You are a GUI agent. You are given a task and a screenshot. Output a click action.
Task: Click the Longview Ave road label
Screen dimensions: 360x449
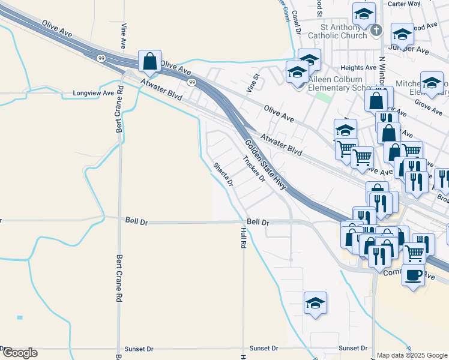pyautogui.click(x=93, y=94)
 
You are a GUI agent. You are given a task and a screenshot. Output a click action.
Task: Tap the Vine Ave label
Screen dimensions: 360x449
pyautogui.click(x=124, y=36)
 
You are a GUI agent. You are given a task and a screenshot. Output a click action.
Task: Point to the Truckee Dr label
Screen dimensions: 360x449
pyautogui.click(x=254, y=169)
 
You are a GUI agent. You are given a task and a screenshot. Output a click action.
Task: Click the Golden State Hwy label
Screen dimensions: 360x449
pyautogui.click(x=265, y=164)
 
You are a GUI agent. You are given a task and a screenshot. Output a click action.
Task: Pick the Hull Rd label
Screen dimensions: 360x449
pyautogui.click(x=243, y=238)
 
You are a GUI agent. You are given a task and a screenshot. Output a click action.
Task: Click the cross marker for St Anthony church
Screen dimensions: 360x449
pyautogui.click(x=376, y=30)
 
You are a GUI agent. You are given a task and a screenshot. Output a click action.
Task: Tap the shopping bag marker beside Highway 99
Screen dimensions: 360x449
pyautogui.click(x=149, y=61)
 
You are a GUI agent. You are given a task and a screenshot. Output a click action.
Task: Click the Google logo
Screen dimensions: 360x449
pyautogui.click(x=20, y=353)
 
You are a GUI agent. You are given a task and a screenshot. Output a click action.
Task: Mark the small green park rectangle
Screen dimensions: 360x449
pyautogui.click(x=324, y=96)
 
